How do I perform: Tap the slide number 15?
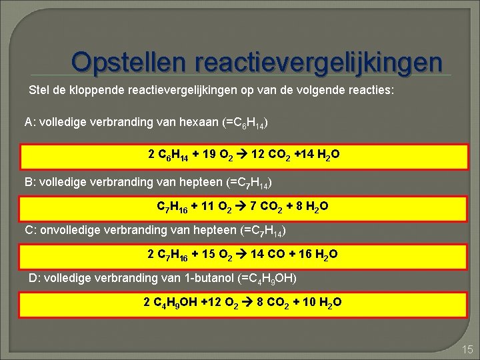pyautogui.click(x=466, y=348)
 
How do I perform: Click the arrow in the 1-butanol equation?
pyautogui.click(x=257, y=302)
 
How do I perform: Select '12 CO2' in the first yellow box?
pyautogui.click(x=292, y=155)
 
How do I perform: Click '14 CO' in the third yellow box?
pyautogui.click(x=276, y=254)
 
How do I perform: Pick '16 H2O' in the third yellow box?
pyautogui.click(x=316, y=254)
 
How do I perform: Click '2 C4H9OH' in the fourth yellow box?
pyautogui.click(x=170, y=302)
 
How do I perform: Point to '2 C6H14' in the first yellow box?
pyautogui.click(x=169, y=155)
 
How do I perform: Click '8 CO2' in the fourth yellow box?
pyautogui.click(x=279, y=302)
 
